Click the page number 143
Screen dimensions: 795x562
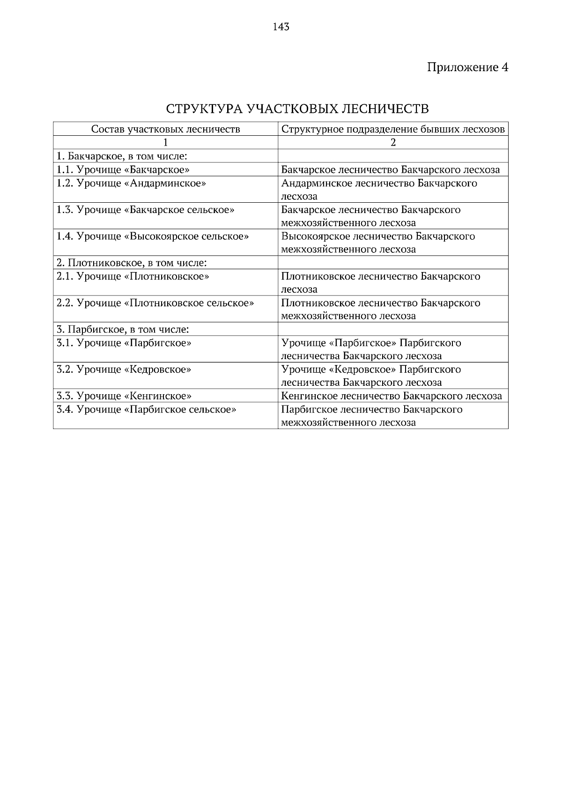tap(281, 27)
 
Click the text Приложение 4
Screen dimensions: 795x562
tap(467, 67)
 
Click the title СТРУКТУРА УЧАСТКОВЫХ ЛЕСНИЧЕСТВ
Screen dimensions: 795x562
tap(297, 109)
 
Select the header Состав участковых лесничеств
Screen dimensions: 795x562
tap(165, 129)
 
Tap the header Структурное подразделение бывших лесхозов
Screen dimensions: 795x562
tap(393, 129)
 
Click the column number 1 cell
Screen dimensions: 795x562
tap(165, 142)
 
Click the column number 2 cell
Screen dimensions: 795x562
tap(393, 142)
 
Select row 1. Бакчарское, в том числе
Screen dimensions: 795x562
tap(122, 156)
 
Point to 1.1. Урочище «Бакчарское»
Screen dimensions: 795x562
tap(123, 169)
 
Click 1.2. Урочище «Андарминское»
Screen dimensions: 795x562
tap(131, 183)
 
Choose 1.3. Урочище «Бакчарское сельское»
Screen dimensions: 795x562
tap(146, 210)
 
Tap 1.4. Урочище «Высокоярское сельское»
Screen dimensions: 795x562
tap(153, 236)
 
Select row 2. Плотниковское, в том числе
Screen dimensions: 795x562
tap(132, 263)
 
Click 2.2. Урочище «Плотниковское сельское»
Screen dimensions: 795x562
tap(155, 303)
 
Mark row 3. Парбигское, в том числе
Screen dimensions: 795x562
tap(123, 330)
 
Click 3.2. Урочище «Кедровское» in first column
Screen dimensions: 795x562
tap(124, 369)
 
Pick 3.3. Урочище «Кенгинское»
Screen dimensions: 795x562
tap(124, 396)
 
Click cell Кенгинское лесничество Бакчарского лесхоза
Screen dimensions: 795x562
tap(392, 396)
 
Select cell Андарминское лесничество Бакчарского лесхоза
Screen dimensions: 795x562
tap(379, 189)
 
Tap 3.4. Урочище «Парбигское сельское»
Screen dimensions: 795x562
tap(146, 410)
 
